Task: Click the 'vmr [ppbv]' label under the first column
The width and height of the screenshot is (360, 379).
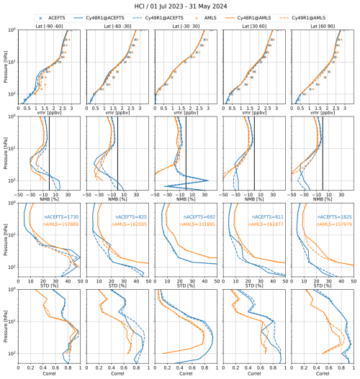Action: [51, 113]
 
